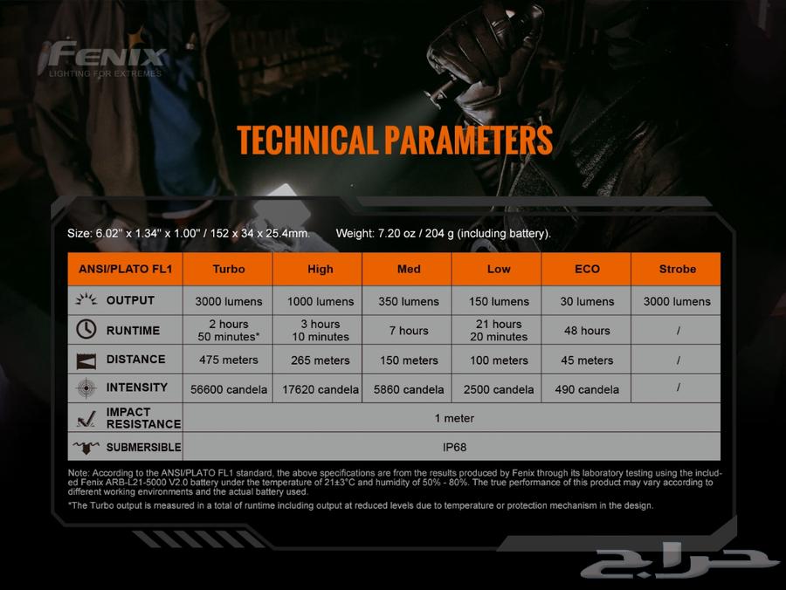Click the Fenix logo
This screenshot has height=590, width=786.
[103, 58]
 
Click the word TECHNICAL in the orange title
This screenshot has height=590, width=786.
[307, 140]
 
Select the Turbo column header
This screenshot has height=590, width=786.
[228, 269]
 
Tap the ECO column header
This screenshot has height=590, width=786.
[587, 269]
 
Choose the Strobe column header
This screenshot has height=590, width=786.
[677, 269]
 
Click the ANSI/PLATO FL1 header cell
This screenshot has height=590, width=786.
[125, 269]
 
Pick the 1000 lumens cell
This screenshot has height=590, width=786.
[321, 301]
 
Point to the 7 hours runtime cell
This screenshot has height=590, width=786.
[409, 331]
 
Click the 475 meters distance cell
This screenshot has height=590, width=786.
[229, 360]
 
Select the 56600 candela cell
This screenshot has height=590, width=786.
[229, 389]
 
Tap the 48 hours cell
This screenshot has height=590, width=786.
[587, 331]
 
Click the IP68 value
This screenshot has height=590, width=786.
[455, 447]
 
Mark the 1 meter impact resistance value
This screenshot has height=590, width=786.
[454, 418]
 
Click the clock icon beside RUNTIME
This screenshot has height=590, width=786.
[86, 330]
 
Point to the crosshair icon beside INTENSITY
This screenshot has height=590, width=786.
[86, 388]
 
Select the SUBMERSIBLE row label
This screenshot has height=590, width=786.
[143, 447]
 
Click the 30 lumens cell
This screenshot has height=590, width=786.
[587, 301]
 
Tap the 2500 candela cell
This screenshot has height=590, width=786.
[499, 389]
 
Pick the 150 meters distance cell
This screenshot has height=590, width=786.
[409, 360]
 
